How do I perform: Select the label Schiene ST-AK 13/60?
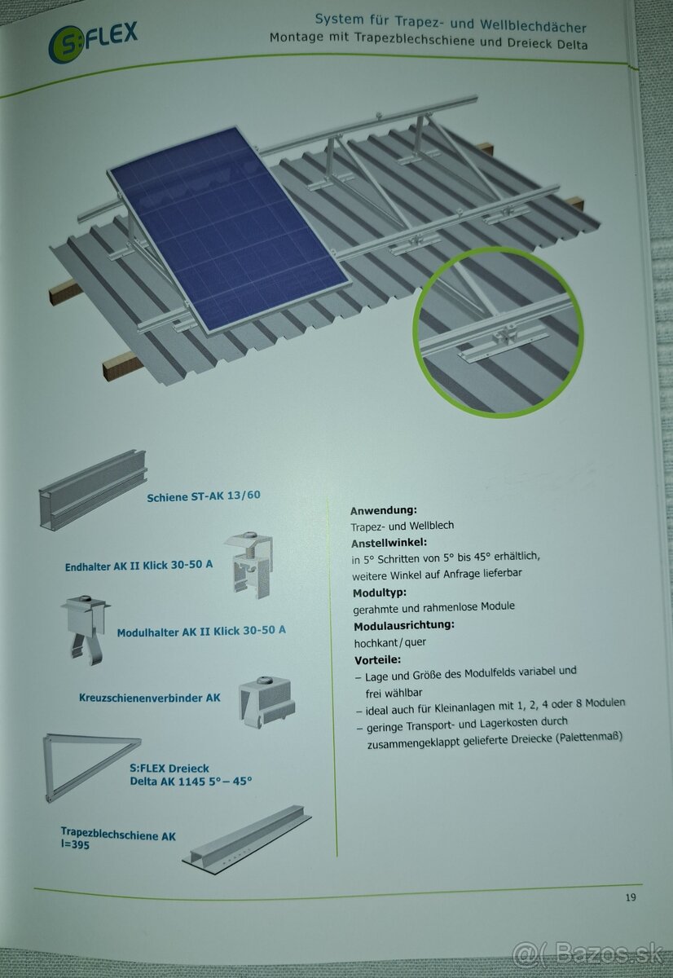coord(204,496)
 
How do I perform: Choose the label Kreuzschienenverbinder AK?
coord(150,698)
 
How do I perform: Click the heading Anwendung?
coord(382,510)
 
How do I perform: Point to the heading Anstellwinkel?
coord(389,542)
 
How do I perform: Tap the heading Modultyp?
coord(380,593)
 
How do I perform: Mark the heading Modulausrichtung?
coord(403,626)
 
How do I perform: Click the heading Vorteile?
coord(378,659)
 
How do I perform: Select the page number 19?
coord(631,897)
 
